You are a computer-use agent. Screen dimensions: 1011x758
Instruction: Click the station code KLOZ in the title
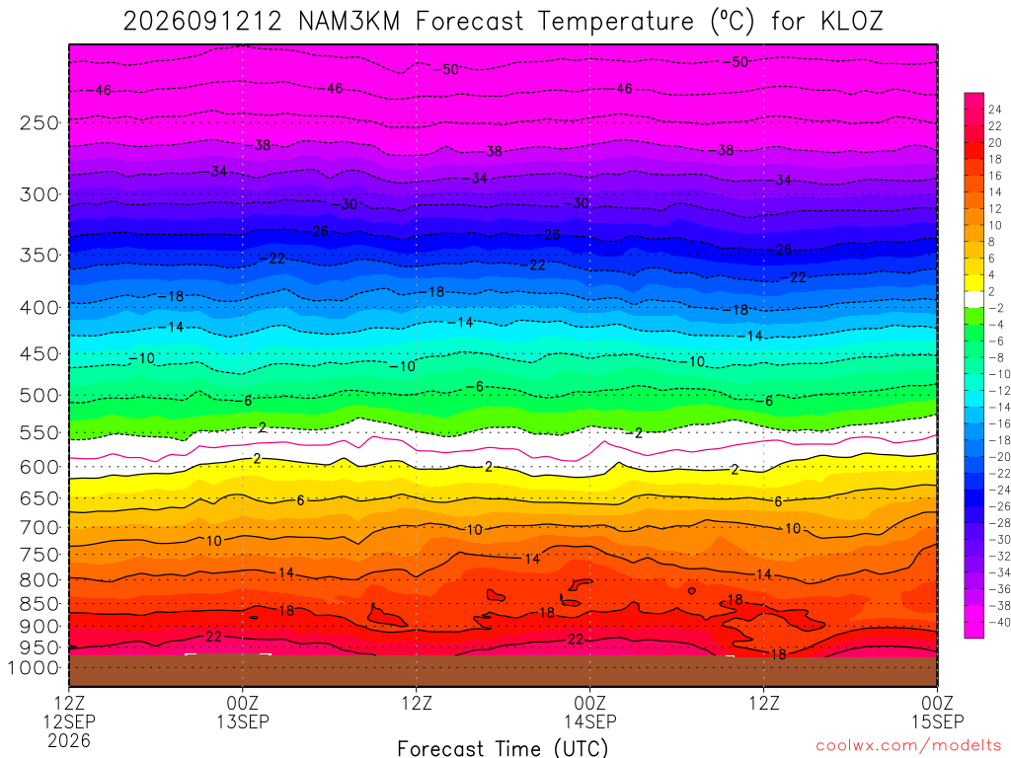click(852, 22)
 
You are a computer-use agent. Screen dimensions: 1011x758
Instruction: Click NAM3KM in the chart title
click(349, 22)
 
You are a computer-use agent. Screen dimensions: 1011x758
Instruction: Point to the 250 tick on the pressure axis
click(39, 122)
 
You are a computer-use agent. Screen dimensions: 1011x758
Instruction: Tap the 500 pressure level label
click(39, 395)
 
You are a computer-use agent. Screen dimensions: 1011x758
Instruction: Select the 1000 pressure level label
click(35, 668)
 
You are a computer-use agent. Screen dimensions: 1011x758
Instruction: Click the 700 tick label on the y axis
click(39, 528)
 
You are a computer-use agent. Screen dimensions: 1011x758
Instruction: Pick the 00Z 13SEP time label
click(243, 713)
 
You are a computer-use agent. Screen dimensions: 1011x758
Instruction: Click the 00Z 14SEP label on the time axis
click(590, 713)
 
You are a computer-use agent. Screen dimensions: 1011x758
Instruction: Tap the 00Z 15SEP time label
click(937, 713)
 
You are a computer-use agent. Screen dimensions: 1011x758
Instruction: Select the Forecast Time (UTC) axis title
click(503, 748)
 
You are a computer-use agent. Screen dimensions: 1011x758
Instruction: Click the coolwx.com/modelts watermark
click(908, 746)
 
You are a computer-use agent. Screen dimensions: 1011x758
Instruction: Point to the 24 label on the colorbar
click(995, 110)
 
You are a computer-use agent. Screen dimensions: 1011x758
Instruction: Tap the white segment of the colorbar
click(973, 299)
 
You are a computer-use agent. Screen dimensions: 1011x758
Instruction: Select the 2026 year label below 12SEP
click(69, 740)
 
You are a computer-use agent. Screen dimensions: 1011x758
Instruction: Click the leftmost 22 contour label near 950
click(213, 637)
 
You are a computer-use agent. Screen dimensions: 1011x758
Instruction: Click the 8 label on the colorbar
click(991, 242)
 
